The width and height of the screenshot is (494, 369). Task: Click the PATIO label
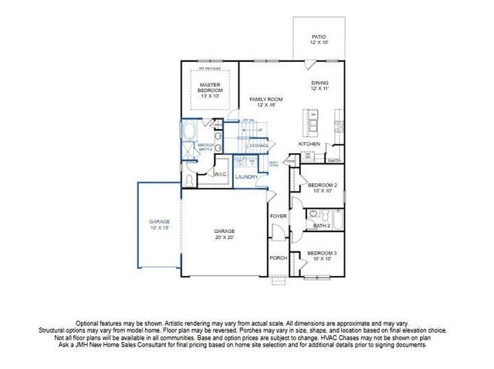tap(318, 36)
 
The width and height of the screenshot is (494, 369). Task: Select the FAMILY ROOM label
tap(266, 100)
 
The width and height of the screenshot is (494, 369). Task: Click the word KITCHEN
tap(310, 144)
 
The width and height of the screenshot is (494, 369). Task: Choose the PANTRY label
tap(334, 161)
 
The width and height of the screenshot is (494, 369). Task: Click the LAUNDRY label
tap(247, 176)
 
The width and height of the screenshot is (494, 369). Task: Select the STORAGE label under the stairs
tap(259, 145)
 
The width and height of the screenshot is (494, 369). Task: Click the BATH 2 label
tap(322, 226)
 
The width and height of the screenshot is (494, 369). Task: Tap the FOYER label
tap(278, 216)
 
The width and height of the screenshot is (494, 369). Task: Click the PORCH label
tap(278, 258)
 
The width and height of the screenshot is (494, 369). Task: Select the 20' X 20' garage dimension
tap(225, 238)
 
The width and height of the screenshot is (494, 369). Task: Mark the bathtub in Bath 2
tap(320, 214)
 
